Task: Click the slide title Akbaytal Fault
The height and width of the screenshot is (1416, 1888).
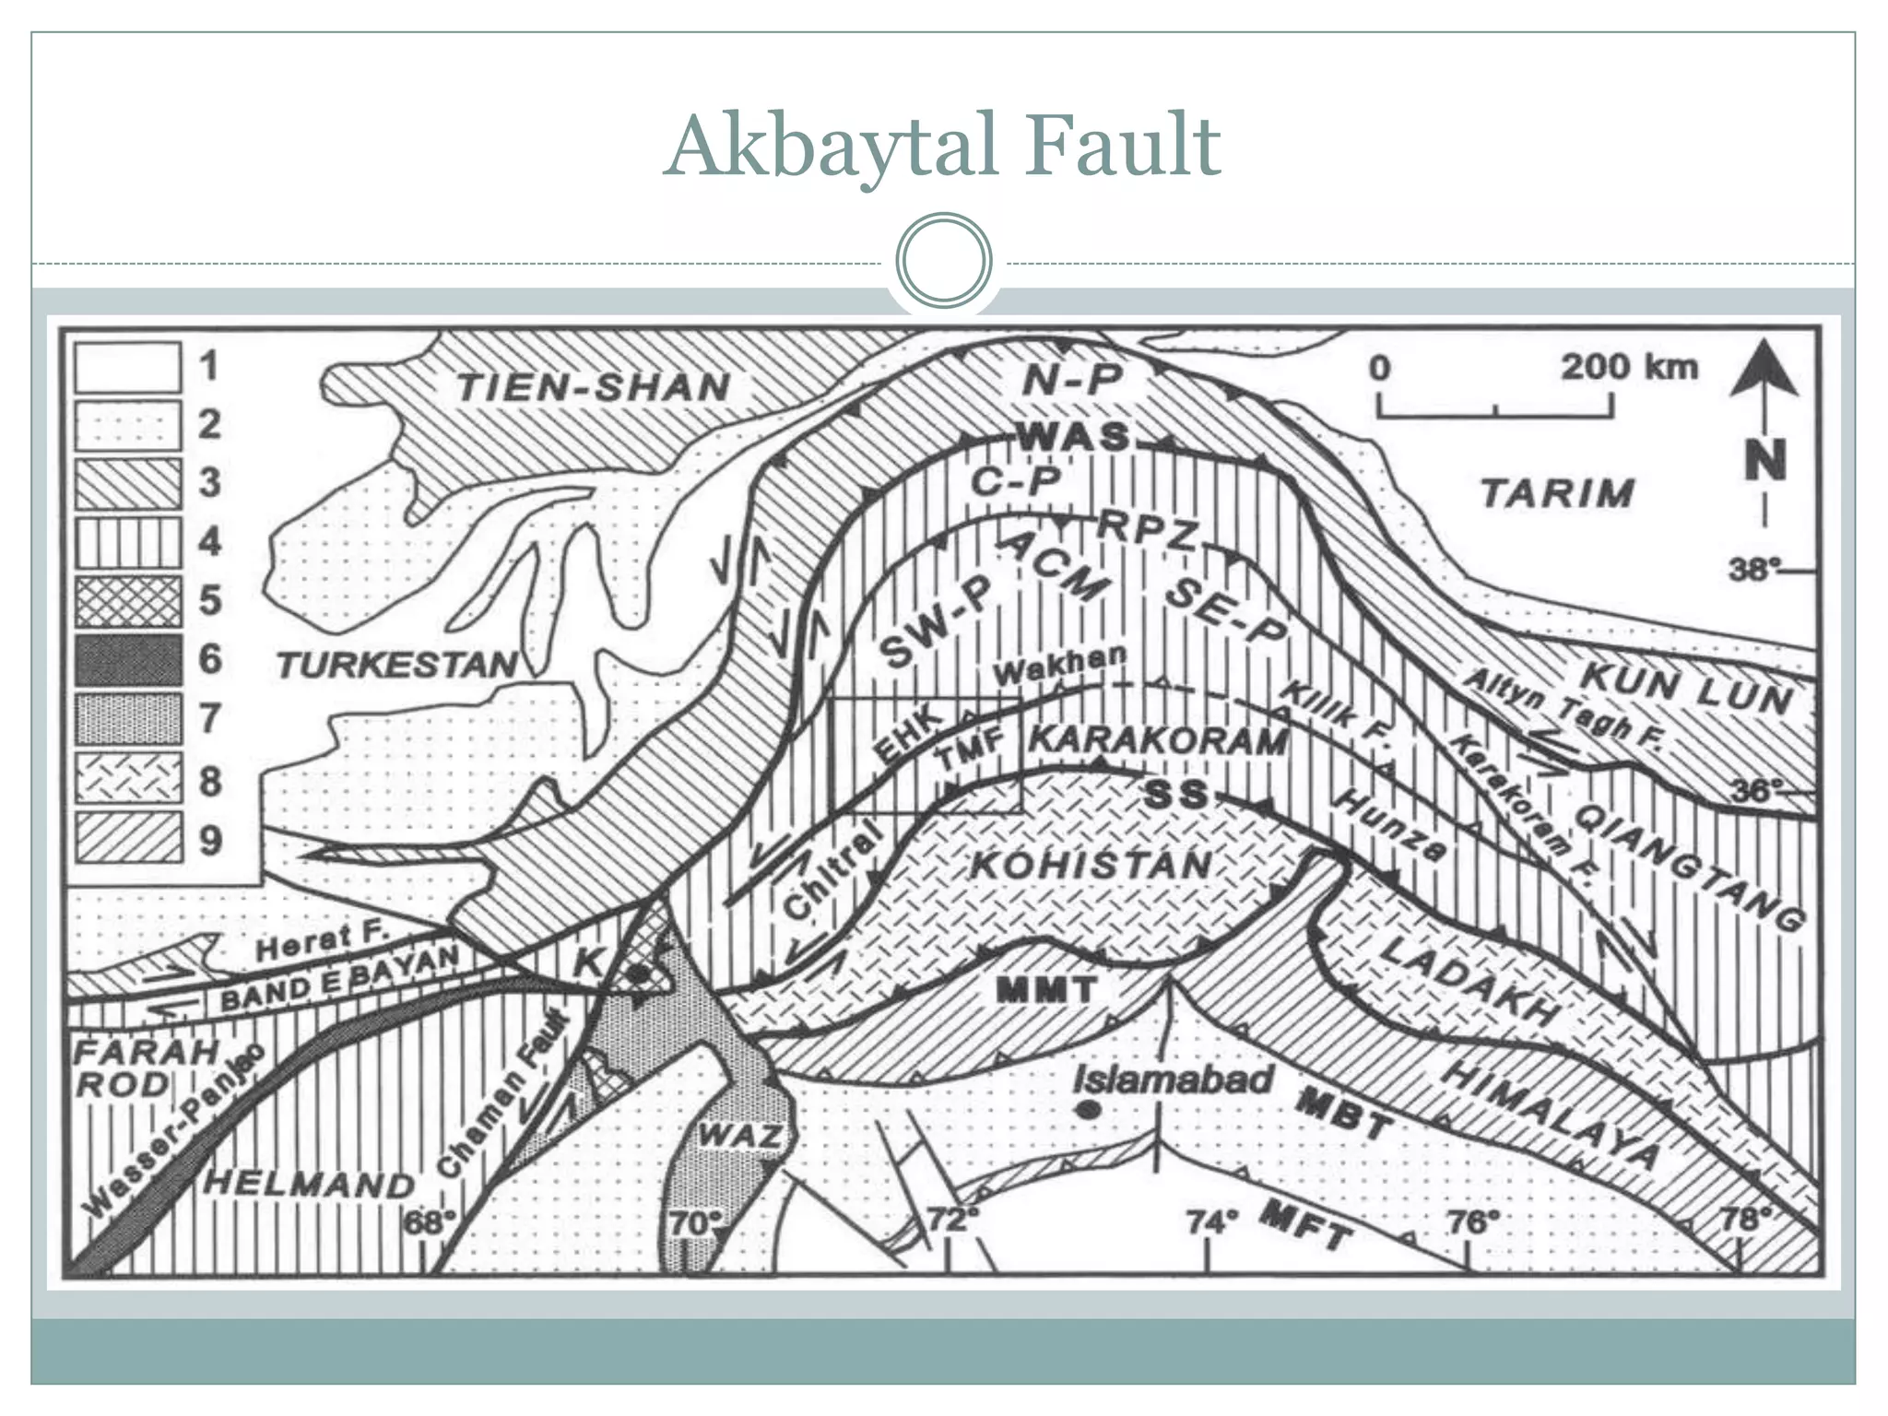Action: click(x=942, y=146)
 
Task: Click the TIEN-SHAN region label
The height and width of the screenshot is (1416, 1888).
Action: click(x=594, y=387)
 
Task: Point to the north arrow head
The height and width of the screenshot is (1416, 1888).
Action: click(x=1764, y=369)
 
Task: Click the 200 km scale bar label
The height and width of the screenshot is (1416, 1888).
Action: click(x=1628, y=367)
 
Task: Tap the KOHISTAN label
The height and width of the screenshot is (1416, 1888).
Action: click(x=1091, y=866)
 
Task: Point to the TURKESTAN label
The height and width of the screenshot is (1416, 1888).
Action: click(x=397, y=665)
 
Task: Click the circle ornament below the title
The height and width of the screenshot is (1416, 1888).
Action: click(x=943, y=260)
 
